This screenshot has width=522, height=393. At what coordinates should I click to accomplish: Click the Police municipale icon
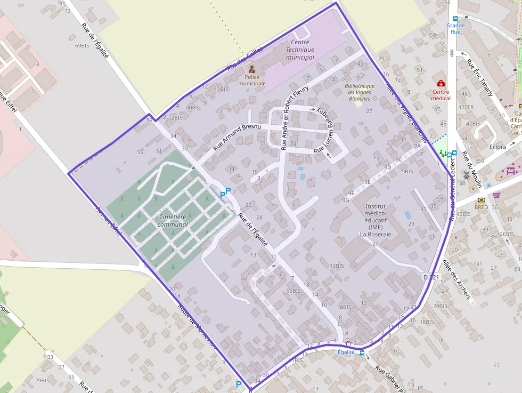pyautogui.click(x=252, y=69)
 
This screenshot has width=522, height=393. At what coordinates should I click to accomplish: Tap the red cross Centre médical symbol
pyautogui.click(x=441, y=84)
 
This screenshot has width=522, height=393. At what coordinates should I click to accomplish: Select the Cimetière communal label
pyautogui.click(x=173, y=221)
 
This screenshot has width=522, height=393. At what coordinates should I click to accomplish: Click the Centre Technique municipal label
pyautogui.click(x=300, y=50)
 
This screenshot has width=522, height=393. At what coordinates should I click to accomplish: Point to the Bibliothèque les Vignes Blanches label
pyautogui.click(x=360, y=92)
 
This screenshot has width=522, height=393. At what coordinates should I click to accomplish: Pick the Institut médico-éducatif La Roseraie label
pyautogui.click(x=376, y=220)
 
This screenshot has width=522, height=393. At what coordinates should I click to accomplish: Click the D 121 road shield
pyautogui.click(x=432, y=277)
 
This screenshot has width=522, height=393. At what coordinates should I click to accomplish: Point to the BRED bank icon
pyautogui.click(x=482, y=200)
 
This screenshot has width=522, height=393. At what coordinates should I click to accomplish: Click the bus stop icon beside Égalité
pyautogui.click(x=362, y=352)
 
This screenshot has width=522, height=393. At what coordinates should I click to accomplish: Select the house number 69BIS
pyautogui.click(x=82, y=46)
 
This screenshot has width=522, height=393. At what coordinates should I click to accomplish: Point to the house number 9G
pyautogui.click(x=346, y=200)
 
